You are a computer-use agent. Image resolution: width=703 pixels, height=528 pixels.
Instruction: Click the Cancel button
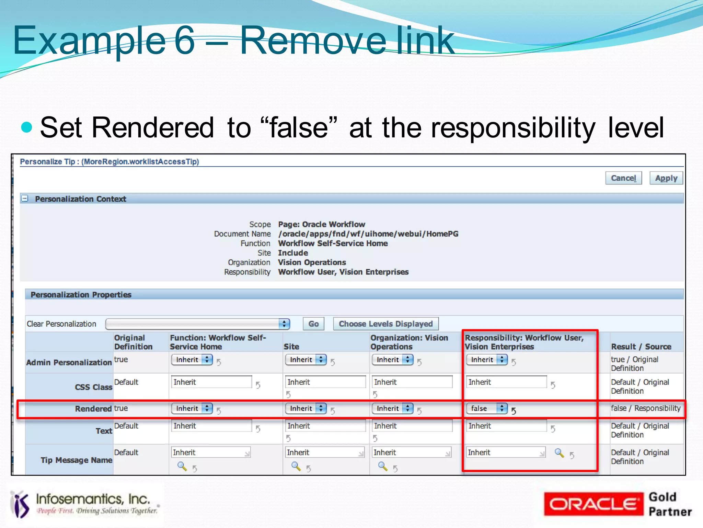[623, 178]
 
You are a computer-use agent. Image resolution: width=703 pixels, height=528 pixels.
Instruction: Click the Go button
[313, 324]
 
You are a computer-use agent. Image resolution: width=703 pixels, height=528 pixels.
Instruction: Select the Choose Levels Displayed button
[385, 324]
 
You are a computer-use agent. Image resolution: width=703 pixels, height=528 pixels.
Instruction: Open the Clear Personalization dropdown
[198, 324]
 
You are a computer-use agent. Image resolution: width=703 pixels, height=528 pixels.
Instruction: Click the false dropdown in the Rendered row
[487, 408]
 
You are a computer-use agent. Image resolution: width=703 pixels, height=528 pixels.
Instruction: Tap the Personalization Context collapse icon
[25, 199]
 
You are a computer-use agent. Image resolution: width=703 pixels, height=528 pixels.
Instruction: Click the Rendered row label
[93, 409]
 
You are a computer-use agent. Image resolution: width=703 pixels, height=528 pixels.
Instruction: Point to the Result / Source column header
[641, 347]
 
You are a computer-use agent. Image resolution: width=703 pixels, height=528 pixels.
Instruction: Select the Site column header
[291, 347]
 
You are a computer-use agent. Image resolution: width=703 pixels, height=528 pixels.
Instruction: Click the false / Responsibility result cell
[645, 408]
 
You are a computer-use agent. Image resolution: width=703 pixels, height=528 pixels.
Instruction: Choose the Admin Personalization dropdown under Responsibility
[487, 360]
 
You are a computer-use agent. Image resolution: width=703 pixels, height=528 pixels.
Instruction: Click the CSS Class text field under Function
[211, 382]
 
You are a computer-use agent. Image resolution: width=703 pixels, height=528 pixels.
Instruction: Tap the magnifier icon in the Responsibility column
[559, 453]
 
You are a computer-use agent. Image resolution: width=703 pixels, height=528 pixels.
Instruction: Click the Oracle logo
[593, 504]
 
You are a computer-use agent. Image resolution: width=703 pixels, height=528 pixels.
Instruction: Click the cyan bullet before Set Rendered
[26, 127]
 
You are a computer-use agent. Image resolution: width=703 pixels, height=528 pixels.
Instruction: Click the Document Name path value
[368, 234]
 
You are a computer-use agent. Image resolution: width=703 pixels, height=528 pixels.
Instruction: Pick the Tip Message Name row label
[76, 460]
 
